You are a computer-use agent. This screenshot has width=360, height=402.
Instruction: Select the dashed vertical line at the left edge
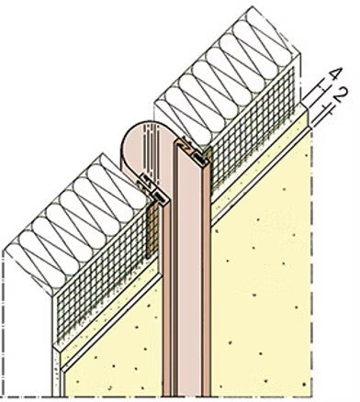pos(4,321)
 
